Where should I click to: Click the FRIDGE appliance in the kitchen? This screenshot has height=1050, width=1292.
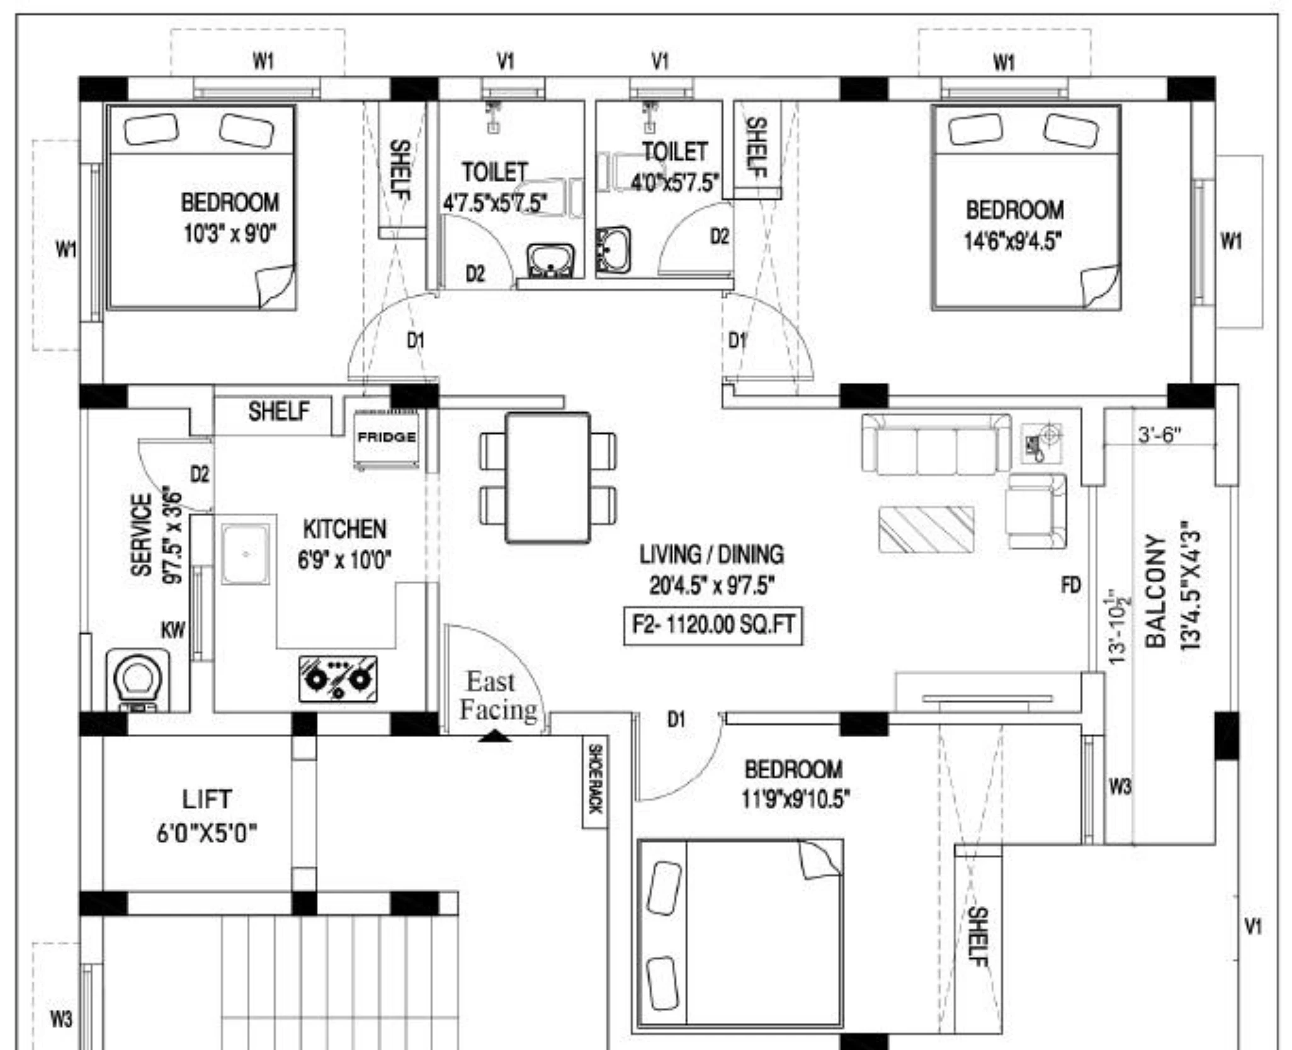(387, 439)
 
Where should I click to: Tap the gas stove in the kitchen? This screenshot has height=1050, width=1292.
(338, 679)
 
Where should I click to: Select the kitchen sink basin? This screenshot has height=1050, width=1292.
(246, 555)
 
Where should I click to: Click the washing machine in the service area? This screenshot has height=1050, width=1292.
(138, 680)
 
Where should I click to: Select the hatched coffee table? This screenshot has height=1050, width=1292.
(926, 529)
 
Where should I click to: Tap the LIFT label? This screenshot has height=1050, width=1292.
(207, 799)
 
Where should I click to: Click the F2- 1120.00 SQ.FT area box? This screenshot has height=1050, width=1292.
(713, 626)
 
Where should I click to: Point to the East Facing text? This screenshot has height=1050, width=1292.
(498, 696)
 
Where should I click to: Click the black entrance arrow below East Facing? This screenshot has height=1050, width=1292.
(495, 735)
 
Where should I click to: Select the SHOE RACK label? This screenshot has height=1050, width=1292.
(594, 778)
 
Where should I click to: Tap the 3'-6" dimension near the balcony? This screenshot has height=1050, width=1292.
(1159, 435)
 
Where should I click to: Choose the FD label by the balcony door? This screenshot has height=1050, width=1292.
(1070, 585)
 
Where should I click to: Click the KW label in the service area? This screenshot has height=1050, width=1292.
(173, 629)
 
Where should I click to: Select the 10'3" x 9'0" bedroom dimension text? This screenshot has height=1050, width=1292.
(230, 234)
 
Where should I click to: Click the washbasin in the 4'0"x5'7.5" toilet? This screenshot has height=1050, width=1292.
(612, 250)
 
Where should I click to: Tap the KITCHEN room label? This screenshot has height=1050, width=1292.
(344, 529)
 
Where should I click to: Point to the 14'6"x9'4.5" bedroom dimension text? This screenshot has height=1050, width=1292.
(1014, 240)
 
